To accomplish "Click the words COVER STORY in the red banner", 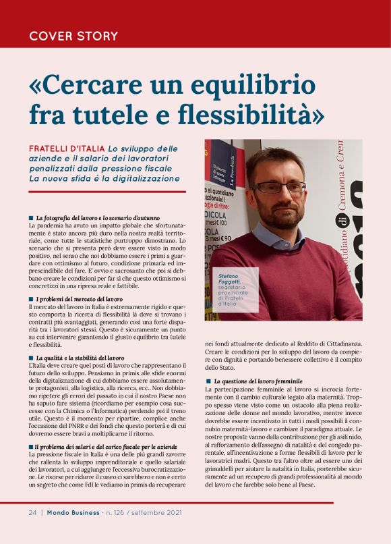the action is click(x=73, y=36).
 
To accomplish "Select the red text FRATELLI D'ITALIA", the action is click(x=67, y=148).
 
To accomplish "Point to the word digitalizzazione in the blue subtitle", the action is click(x=146, y=179).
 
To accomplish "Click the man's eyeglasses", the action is click(x=280, y=186).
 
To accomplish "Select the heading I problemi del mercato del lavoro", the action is click(x=79, y=299).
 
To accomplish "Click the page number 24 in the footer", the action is click(x=32, y=512).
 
